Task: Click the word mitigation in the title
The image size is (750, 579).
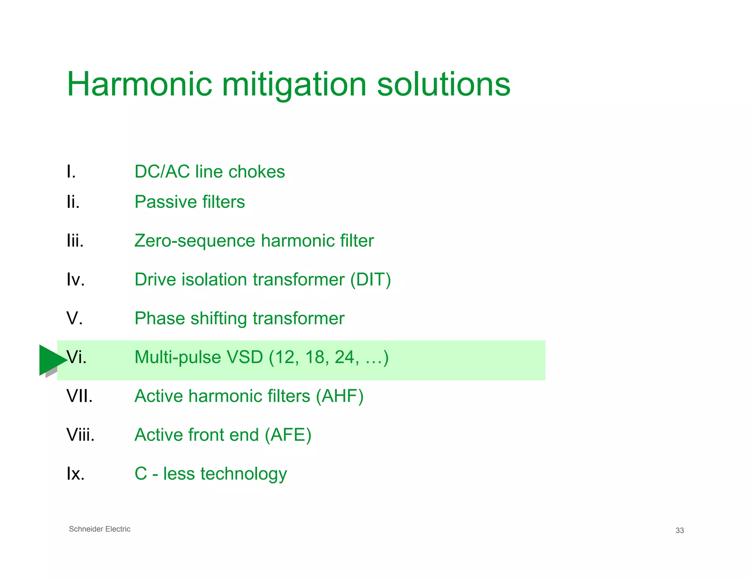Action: tap(294, 85)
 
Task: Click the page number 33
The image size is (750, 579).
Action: tap(679, 530)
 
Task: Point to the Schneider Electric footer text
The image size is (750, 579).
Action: tap(100, 529)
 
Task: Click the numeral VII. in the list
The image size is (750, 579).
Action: tap(79, 396)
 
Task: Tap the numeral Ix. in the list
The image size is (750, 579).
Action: tap(75, 473)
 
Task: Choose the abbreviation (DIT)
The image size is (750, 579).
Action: tap(370, 280)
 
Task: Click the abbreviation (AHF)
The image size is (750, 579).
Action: tap(339, 396)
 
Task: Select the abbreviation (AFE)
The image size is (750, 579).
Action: tap(288, 435)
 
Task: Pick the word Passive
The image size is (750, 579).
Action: tap(166, 202)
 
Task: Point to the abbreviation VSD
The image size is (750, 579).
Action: tap(245, 357)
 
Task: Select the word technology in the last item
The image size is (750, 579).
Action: tap(244, 474)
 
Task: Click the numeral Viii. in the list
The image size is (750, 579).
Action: tap(81, 434)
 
